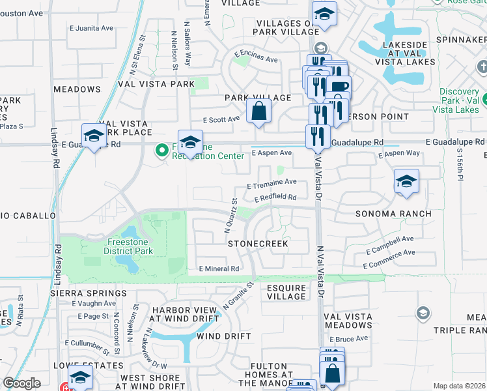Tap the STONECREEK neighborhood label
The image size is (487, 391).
click(258, 243)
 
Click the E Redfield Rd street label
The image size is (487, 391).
click(275, 197)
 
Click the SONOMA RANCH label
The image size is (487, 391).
click(393, 214)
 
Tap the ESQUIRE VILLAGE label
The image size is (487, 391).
click(286, 291)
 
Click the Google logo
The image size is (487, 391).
click(21, 383)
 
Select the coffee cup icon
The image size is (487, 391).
click(339, 86)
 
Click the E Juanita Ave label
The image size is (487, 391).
click(92, 28)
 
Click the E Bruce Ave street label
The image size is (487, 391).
click(349, 339)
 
